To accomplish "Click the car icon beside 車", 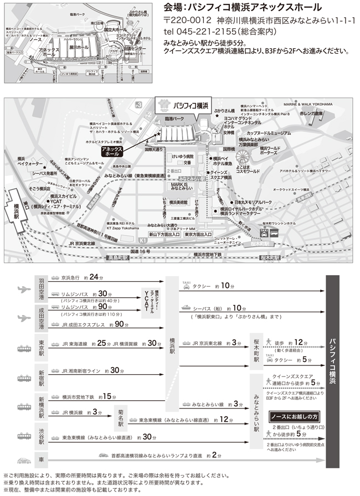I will (x=23, y=460).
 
